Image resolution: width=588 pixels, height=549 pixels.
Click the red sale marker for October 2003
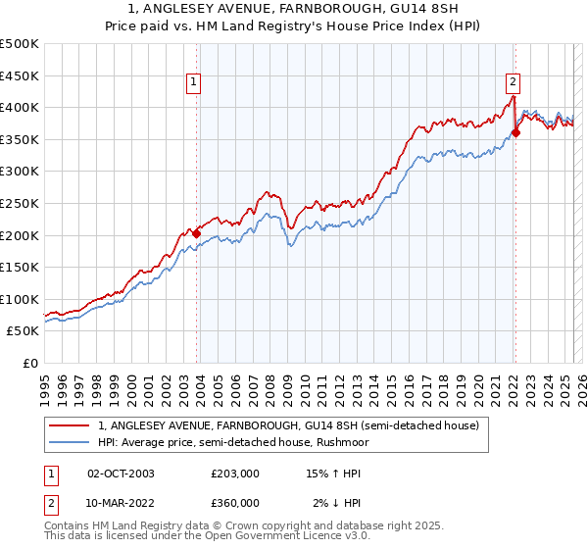point(196,233)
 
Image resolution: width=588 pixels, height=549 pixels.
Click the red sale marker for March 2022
point(515,133)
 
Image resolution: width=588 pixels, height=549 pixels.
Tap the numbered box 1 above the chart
point(195,82)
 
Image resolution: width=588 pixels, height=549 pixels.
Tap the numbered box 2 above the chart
point(514,82)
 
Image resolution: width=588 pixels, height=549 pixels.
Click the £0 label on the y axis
point(30,363)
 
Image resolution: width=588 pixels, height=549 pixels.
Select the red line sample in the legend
point(69,426)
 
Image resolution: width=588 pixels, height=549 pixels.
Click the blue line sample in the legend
point(69,443)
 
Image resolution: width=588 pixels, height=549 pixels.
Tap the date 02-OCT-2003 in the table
point(121,474)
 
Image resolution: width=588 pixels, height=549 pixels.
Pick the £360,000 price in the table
point(235,503)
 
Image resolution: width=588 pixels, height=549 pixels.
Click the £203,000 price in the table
point(235,474)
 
